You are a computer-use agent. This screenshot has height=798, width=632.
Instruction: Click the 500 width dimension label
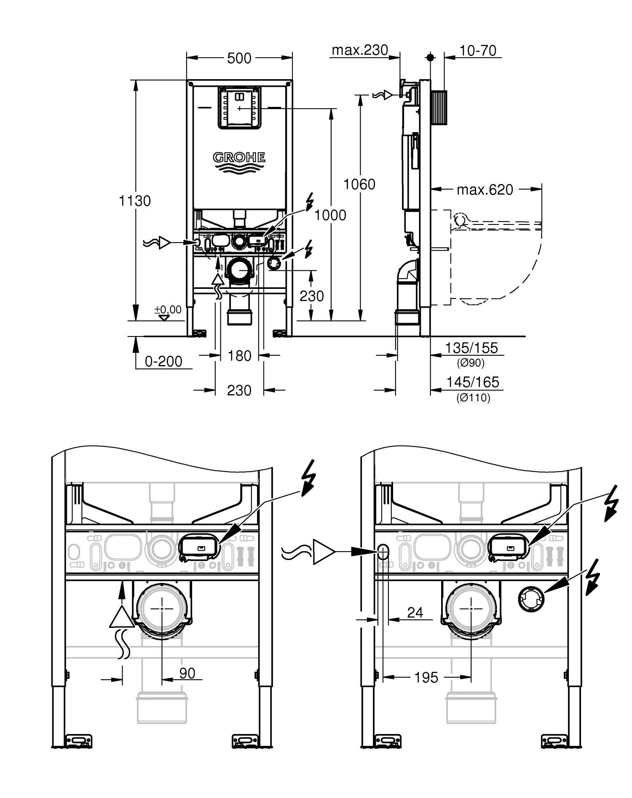coord(239,58)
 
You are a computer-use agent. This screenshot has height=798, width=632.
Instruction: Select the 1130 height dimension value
coord(134,201)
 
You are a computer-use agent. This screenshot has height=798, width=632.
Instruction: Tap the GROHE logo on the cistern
coord(239,157)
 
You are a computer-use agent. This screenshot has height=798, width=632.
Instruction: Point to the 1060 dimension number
coord(359,184)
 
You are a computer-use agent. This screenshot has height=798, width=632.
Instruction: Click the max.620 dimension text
coord(485,190)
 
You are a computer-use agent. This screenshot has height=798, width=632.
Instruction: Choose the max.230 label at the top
coord(360,50)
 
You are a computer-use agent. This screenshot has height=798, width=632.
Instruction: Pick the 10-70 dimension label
coord(478,51)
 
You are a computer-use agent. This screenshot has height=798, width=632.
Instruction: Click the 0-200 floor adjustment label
coord(163,361)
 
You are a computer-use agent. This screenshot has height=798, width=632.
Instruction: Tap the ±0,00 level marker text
coord(168,310)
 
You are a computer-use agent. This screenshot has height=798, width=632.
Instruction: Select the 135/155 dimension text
coord(471,348)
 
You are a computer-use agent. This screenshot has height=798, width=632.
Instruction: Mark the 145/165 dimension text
coord(472,382)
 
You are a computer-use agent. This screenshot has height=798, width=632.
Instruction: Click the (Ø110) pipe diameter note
coord(473,398)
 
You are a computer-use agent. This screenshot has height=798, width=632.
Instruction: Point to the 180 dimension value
coord(239,356)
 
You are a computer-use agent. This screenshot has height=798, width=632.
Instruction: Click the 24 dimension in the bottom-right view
coord(415,612)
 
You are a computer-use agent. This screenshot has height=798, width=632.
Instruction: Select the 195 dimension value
coord(426,678)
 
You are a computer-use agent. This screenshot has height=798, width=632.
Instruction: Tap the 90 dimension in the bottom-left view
coord(187,673)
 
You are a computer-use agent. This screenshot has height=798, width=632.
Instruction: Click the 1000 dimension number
coord(330,215)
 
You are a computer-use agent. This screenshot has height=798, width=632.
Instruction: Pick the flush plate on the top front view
coord(239,108)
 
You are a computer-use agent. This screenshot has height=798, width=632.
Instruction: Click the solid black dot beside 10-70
coord(430,57)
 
